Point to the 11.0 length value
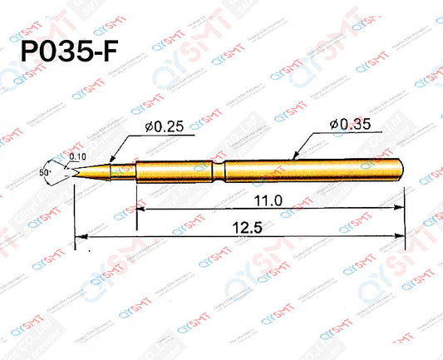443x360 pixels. [x=268, y=201]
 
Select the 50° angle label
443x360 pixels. [x=42, y=170]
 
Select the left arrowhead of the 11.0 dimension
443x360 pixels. [x=139, y=211]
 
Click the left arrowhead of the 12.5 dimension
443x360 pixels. [x=78, y=239]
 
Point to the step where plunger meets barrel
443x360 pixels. [x=135, y=170]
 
